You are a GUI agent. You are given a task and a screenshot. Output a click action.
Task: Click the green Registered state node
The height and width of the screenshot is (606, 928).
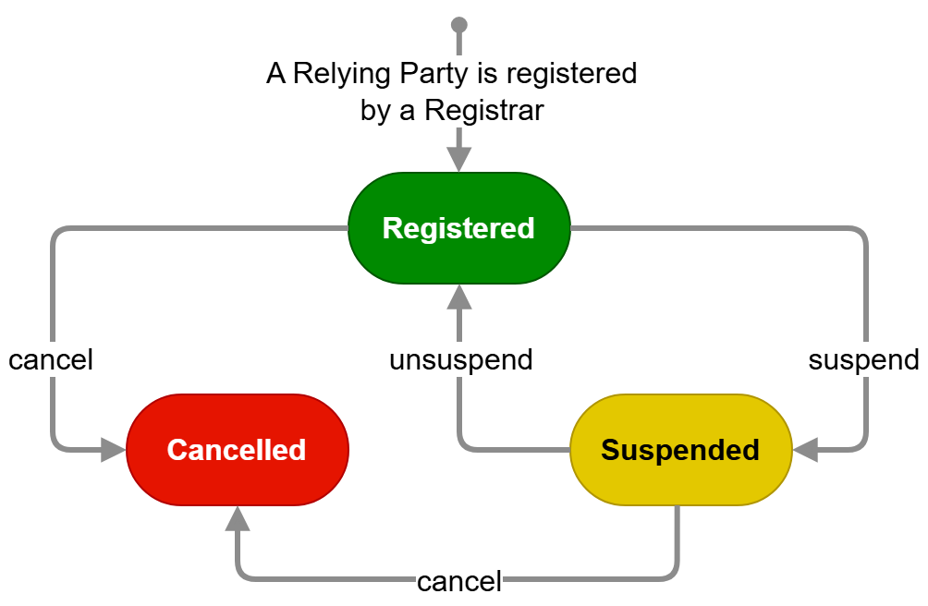458,228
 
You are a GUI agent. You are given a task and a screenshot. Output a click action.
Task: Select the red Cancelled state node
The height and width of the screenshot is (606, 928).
237,450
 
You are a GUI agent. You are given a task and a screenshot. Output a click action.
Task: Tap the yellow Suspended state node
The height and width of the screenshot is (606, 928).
680,450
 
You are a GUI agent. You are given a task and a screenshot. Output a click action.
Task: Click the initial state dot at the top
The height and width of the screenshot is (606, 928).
458,23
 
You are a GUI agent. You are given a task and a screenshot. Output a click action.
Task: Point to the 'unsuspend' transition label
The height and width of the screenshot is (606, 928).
460,359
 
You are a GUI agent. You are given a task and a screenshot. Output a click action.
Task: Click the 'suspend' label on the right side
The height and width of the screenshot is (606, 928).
863,359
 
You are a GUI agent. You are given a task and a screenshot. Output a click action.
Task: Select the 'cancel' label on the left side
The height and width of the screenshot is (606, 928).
51,359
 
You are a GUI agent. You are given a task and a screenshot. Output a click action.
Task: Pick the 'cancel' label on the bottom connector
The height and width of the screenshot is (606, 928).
458,582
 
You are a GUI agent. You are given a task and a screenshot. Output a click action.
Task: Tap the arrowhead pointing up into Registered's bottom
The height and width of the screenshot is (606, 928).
458,297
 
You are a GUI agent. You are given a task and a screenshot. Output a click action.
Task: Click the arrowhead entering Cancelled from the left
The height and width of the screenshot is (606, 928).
113,450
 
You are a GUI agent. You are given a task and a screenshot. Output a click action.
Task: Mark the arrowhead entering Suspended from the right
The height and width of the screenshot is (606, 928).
805,450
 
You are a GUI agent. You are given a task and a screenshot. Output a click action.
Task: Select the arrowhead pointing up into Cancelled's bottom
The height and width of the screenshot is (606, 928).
237,518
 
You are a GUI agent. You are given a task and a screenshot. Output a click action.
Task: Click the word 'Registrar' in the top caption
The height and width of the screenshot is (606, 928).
484,111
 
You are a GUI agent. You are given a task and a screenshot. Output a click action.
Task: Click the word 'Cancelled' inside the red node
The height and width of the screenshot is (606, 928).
237,450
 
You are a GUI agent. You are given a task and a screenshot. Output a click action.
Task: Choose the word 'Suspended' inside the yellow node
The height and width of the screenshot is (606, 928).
680,450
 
